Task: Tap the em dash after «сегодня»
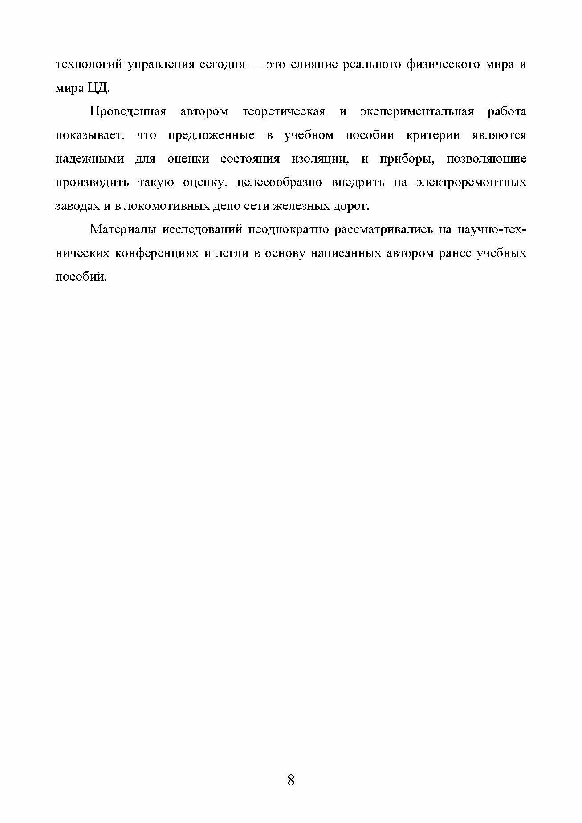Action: click(255, 65)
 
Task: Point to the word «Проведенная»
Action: click(128, 111)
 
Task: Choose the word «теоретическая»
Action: click(284, 111)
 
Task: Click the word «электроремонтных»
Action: click(471, 183)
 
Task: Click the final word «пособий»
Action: click(81, 277)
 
